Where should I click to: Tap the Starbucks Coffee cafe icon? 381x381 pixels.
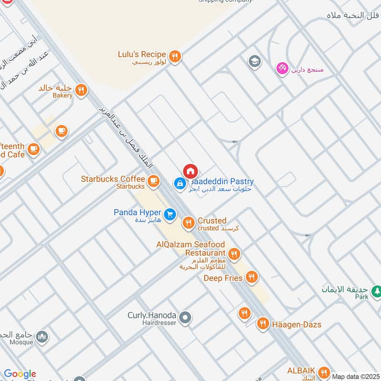click(x=153, y=180)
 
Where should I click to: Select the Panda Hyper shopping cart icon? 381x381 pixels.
click(x=170, y=216)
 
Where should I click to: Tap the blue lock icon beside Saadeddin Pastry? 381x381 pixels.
click(x=180, y=183)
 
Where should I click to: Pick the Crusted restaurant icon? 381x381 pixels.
click(x=189, y=222)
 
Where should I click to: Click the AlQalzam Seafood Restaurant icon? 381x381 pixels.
click(x=233, y=254)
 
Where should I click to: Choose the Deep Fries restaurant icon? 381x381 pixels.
click(x=251, y=277)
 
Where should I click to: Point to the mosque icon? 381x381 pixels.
click(x=42, y=337)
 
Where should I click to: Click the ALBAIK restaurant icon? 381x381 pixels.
click(x=324, y=372)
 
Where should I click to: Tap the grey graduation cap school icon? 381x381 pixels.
click(x=255, y=61)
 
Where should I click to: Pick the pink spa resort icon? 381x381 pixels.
click(x=282, y=69)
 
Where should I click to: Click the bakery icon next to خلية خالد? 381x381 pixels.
click(x=82, y=89)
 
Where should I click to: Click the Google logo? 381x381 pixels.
click(x=20, y=374)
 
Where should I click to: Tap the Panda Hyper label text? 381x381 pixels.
click(x=138, y=212)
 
